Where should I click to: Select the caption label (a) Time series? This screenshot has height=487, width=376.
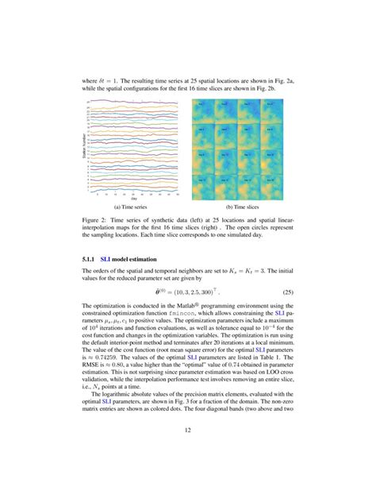tap(135, 206)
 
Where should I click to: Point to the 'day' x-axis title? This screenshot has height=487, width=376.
tap(135, 198)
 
